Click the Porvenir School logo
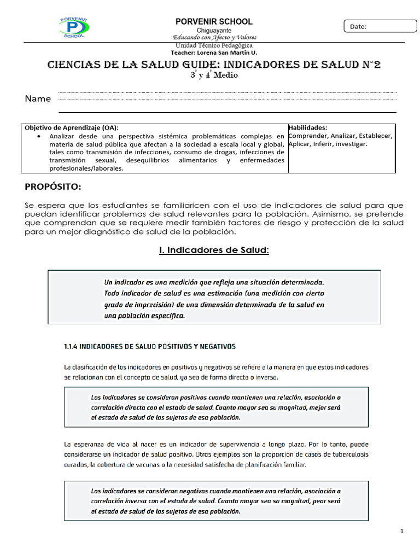coord(74,27)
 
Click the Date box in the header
coord(380,26)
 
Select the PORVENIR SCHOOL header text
coord(214,21)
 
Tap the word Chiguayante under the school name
coord(214,30)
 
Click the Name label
coord(38,99)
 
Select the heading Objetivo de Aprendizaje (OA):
coord(71,127)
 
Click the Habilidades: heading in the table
coord(308,127)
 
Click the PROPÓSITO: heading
coord(53,187)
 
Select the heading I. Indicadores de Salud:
coord(214,250)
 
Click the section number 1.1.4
coord(72,346)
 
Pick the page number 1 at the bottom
coord(401,531)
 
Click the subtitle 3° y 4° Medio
coord(214,75)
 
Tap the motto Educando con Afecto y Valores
coord(214,37)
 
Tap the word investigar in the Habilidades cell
coord(351,144)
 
